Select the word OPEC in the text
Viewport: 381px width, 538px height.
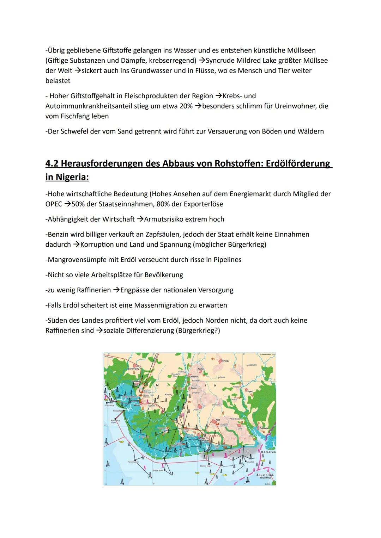[54, 204]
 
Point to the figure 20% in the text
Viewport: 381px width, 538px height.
[186, 106]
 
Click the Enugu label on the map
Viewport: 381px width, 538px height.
[225, 361]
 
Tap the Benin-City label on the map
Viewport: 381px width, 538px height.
[133, 369]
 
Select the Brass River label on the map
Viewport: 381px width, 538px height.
[158, 470]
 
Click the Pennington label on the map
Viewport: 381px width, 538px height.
[133, 462]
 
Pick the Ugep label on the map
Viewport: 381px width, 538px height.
[250, 391]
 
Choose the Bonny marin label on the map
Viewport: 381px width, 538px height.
[206, 466]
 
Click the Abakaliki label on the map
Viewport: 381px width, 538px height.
[252, 365]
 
